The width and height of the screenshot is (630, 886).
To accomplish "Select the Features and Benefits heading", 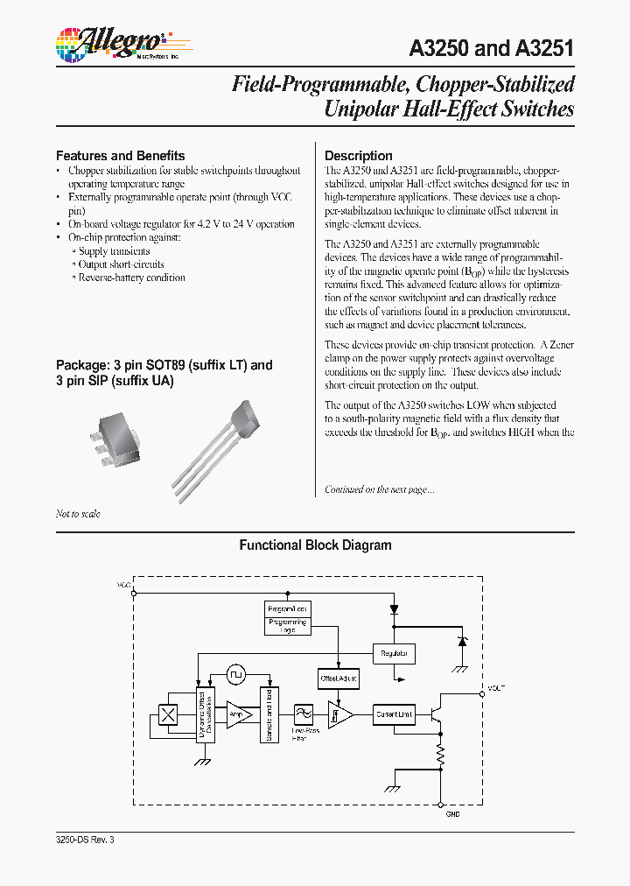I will click(x=121, y=155).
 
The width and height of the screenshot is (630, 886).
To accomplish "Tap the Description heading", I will click(x=359, y=155).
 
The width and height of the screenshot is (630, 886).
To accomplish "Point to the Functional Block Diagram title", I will click(x=315, y=545).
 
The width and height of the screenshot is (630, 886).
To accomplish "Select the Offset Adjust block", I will click(x=339, y=678).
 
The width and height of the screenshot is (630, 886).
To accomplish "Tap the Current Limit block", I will click(x=395, y=714).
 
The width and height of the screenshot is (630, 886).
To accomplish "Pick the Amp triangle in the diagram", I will click(x=237, y=715).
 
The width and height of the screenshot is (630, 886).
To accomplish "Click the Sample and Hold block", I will click(x=267, y=714).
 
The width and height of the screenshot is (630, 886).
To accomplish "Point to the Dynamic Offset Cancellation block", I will click(x=203, y=714).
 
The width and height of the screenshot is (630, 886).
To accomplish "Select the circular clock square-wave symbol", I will click(x=236, y=675).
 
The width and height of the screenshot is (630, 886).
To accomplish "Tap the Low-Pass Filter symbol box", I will click(x=304, y=714).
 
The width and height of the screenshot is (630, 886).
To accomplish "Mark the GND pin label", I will click(x=452, y=814).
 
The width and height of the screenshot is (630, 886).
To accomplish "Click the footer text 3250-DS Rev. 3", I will click(x=85, y=840).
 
